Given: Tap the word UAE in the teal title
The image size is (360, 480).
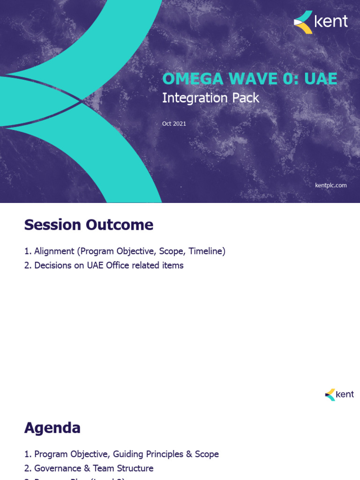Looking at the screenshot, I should (x=321, y=79).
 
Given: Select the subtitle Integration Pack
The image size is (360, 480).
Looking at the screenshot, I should (x=210, y=98).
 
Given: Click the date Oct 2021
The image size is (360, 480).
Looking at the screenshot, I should (x=174, y=124).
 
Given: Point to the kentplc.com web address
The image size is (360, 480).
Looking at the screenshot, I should (x=330, y=185).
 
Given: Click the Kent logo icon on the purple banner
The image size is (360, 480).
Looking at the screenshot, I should (x=303, y=22).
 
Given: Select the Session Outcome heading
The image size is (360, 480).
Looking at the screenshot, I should (x=89, y=225).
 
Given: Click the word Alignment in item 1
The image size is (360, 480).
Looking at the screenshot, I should (x=54, y=251).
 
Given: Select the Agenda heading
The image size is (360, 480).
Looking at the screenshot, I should (x=52, y=427).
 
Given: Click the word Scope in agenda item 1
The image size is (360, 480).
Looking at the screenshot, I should (x=207, y=454).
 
